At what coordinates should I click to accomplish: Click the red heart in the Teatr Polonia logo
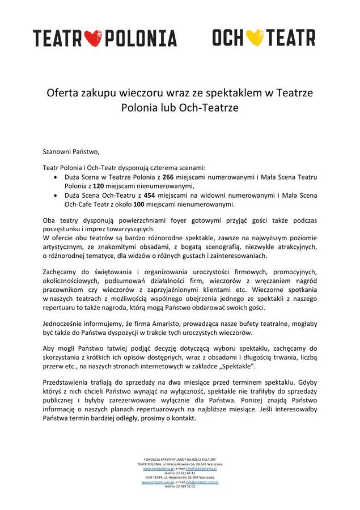click(92, 38)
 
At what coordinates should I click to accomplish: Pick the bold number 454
click(150, 195)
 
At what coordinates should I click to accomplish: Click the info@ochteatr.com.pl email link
click(202, 482)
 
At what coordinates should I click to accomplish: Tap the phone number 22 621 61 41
click(180, 473)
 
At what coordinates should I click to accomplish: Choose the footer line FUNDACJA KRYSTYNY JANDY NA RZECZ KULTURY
click(180, 459)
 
